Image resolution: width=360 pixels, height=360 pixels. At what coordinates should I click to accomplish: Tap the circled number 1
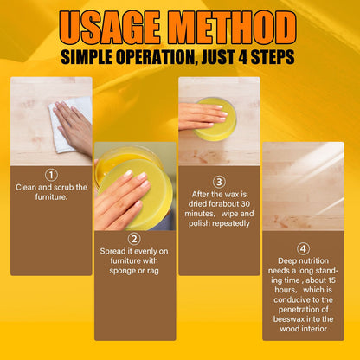pyautogui.click(x=51, y=173)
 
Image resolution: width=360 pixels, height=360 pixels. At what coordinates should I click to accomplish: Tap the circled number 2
pyautogui.click(x=134, y=238)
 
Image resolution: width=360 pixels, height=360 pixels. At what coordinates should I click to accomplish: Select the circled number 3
pyautogui.click(x=219, y=182)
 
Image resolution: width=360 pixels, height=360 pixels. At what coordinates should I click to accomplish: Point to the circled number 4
pyautogui.click(x=303, y=248)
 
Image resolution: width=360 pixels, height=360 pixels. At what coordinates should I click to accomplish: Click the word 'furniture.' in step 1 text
pyautogui.click(x=51, y=196)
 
